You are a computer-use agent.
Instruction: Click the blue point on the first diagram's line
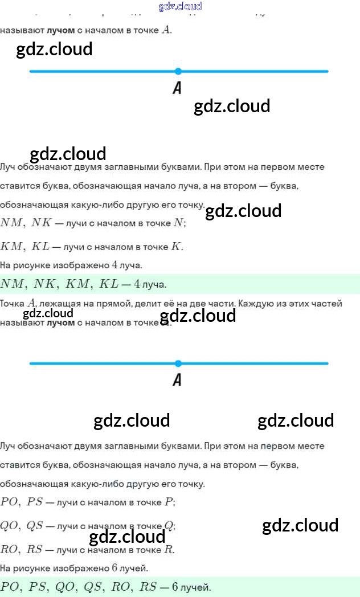[x=178, y=71]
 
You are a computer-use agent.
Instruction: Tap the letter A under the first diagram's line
[x=177, y=88]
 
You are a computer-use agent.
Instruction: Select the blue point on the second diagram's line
[x=178, y=363]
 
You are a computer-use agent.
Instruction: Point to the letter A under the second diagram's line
[x=177, y=380]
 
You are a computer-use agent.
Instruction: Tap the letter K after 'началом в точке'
[x=177, y=247]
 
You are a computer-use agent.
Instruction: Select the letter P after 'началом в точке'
[x=169, y=502]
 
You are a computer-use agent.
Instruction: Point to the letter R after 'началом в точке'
[x=168, y=550]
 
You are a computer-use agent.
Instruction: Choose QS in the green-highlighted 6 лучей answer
[x=96, y=587]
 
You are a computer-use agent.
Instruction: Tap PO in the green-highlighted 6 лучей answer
[x=10, y=587]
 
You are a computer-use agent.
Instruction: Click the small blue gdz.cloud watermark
[x=180, y=6]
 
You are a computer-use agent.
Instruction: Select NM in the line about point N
[x=11, y=223]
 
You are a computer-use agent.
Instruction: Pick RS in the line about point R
[x=35, y=550]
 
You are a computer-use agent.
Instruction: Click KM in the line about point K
[x=11, y=247]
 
